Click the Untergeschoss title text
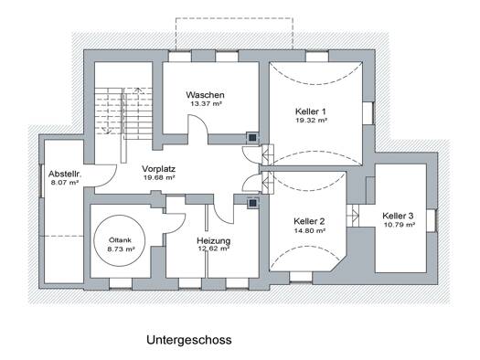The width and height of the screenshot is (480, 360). [x=189, y=341]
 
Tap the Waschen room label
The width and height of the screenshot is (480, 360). [x=205, y=95]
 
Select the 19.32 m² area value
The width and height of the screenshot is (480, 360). [x=311, y=121]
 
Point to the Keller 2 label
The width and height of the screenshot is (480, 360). [x=309, y=221]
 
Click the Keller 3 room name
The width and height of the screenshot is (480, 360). [x=398, y=216]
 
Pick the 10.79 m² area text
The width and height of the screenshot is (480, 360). [x=400, y=225]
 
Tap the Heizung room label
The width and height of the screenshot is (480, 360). [x=213, y=240]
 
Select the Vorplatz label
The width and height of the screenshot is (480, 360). [x=158, y=169]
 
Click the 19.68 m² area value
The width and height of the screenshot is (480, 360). [x=159, y=177]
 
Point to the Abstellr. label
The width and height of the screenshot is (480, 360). [x=65, y=174]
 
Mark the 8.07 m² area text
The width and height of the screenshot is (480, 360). [x=65, y=183]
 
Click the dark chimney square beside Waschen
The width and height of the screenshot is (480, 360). [x=252, y=138]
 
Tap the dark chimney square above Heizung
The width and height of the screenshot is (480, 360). [x=252, y=203]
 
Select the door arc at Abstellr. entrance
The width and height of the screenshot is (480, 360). [x=111, y=180]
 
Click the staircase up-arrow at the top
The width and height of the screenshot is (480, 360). [x=138, y=91]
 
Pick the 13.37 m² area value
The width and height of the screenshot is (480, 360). [x=206, y=103]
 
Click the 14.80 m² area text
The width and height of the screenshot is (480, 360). [x=310, y=230]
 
